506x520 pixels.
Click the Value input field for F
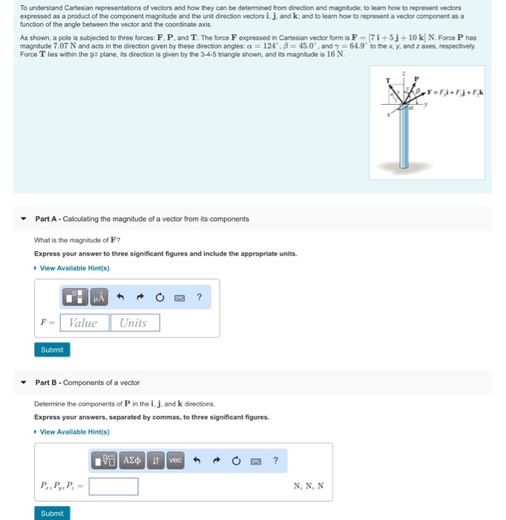pyautogui.click(x=83, y=323)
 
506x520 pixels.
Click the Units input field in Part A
pyautogui.click(x=134, y=323)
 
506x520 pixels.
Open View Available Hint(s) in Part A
pyautogui.click(x=74, y=268)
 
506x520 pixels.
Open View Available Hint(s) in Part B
pyautogui.click(x=74, y=432)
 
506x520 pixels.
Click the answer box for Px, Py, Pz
pyautogui.click(x=114, y=487)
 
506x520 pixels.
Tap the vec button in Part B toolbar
pyautogui.click(x=175, y=461)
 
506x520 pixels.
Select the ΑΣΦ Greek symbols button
pyautogui.click(x=131, y=461)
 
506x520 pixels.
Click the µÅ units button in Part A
pyautogui.click(x=99, y=298)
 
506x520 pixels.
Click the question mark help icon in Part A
pyautogui.click(x=199, y=298)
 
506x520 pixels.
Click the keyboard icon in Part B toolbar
pyautogui.click(x=255, y=461)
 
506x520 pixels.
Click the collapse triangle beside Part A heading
pyautogui.click(x=24, y=219)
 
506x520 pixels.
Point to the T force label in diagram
pyautogui.click(x=387, y=80)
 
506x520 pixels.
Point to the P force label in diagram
pyautogui.click(x=417, y=79)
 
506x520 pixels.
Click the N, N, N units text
pyautogui.click(x=309, y=487)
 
